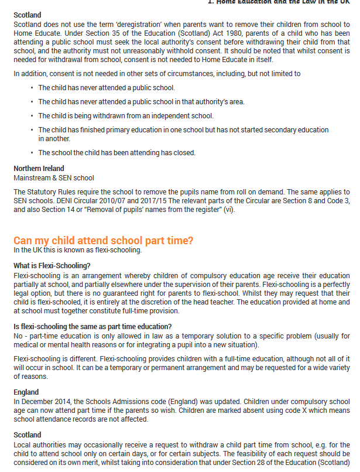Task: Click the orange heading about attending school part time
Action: [x=103, y=241]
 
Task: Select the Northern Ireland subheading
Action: [x=39, y=169]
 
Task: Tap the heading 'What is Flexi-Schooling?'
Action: [x=52, y=265]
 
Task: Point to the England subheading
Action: [x=26, y=392]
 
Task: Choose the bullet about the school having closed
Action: [x=116, y=153]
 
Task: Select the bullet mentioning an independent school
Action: [x=126, y=116]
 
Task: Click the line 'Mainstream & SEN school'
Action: [x=53, y=177]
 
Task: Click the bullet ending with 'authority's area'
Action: [x=141, y=102]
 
